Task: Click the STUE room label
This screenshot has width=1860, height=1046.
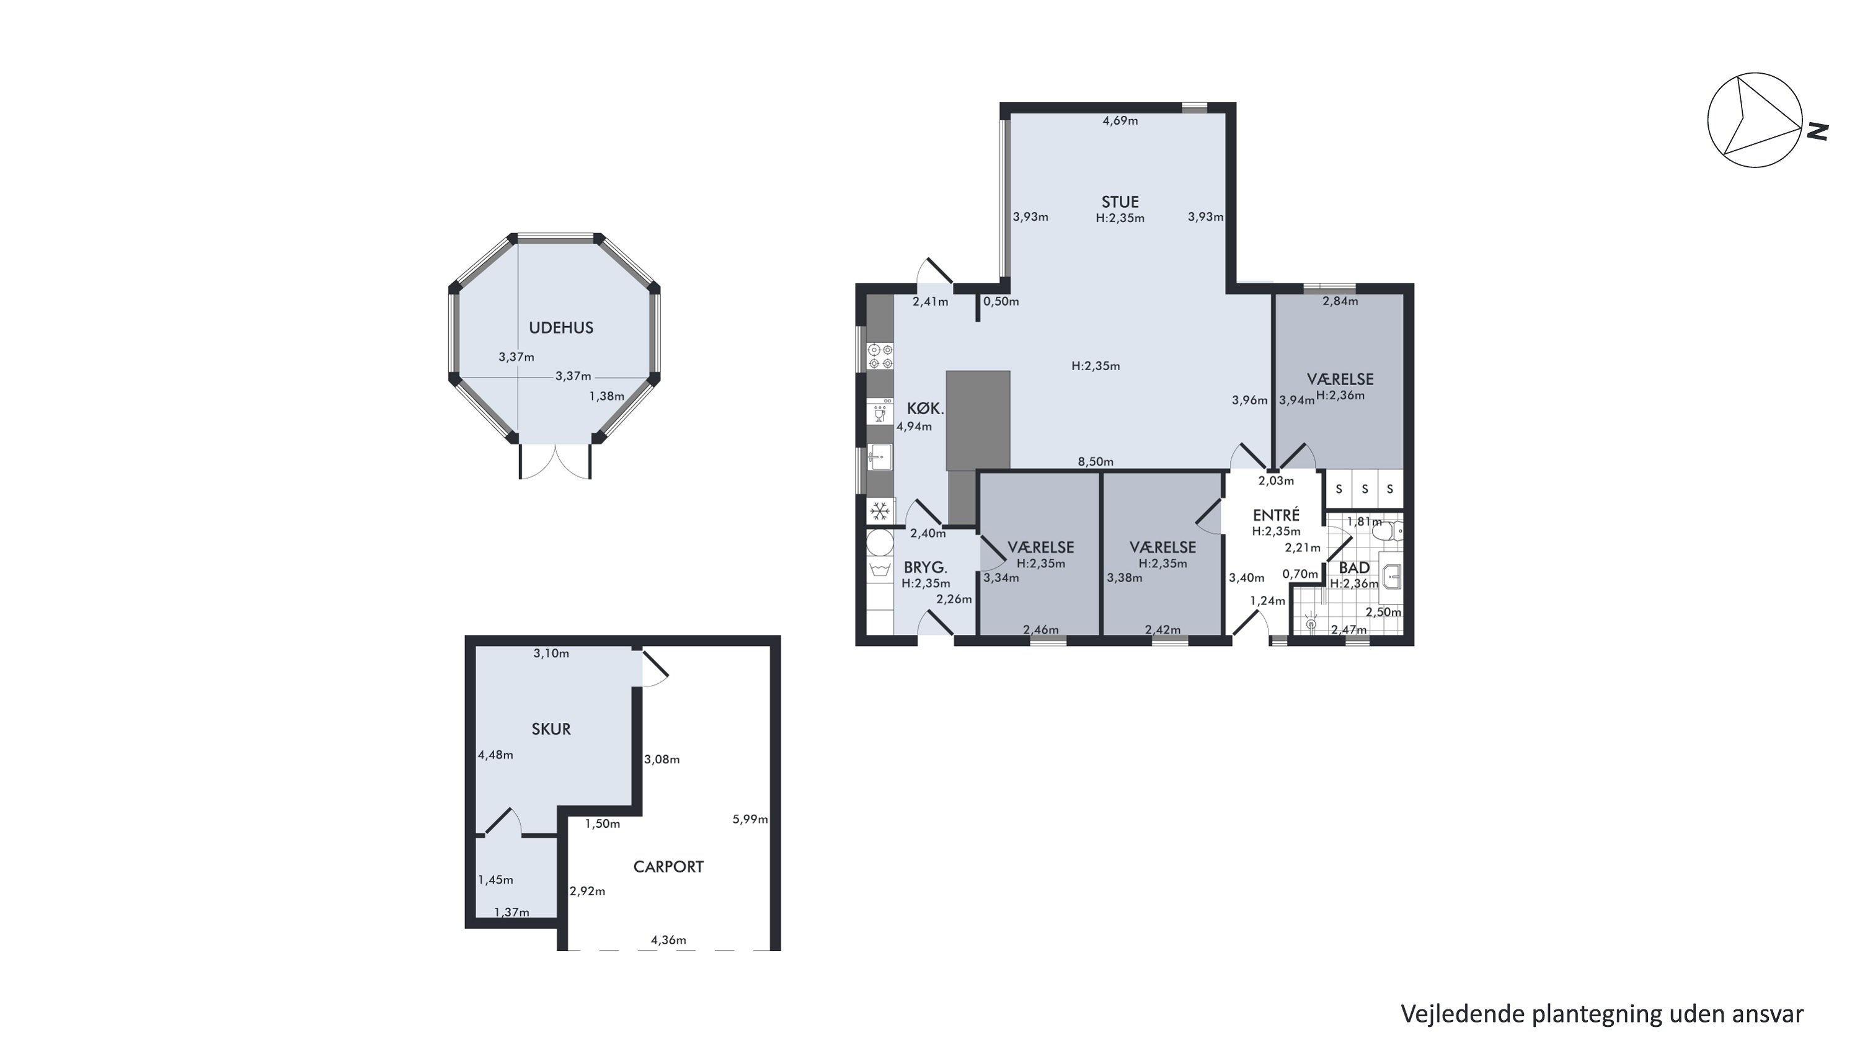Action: (1120, 202)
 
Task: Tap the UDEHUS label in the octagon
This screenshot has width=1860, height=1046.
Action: (561, 328)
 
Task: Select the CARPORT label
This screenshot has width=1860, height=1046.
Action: (668, 867)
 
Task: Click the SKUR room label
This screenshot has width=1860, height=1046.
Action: (551, 729)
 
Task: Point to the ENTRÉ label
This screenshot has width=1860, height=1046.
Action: (1276, 515)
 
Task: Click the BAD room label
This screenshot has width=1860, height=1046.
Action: (1354, 568)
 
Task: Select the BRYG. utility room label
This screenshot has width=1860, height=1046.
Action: (925, 567)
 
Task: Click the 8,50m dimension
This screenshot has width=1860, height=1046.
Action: (1096, 462)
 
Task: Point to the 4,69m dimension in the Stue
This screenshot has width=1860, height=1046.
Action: (1120, 120)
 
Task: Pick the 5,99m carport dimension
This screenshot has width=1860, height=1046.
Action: (750, 819)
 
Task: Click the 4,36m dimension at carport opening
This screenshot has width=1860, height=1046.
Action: (668, 940)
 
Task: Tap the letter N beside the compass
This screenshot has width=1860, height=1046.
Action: (1818, 131)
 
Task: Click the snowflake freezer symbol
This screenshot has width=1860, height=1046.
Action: (879, 512)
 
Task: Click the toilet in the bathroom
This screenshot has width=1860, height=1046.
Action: (1386, 532)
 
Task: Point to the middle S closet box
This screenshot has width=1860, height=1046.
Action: (1365, 489)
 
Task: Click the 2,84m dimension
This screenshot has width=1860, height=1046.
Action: (1340, 301)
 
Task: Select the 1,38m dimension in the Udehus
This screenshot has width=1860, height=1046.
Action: (606, 396)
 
